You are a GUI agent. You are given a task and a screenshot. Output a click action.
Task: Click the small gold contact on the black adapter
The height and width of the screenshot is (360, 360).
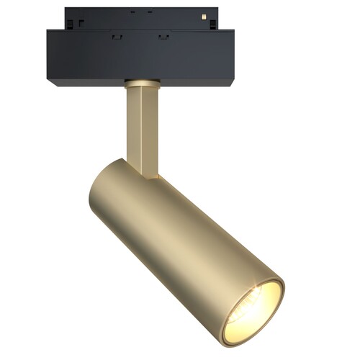pos(204,15)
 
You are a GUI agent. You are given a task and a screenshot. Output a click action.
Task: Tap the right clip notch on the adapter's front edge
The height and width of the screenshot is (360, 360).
pos(163,35)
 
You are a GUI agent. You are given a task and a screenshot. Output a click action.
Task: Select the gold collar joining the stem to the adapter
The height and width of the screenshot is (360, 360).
pos(141,82)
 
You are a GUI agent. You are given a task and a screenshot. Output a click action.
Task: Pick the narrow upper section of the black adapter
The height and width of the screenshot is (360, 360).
pos(137,19)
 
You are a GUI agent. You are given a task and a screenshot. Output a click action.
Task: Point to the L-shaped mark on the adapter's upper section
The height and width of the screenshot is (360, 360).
pos(81,22)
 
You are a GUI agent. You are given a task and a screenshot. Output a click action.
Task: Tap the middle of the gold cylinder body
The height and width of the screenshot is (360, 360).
pos(180,238)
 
